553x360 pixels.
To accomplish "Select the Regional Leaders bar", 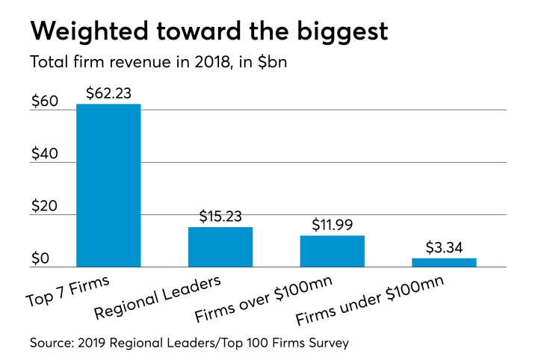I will click(x=220, y=247).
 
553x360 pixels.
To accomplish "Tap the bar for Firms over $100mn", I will click(x=332, y=252).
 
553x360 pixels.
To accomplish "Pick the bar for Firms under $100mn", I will click(x=444, y=263).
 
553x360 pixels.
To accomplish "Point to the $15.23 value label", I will click(x=220, y=216).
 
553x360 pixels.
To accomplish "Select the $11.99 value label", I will click(x=332, y=225).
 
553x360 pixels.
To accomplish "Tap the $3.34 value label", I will click(x=444, y=247).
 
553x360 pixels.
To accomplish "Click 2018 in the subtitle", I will click(x=188, y=63).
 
